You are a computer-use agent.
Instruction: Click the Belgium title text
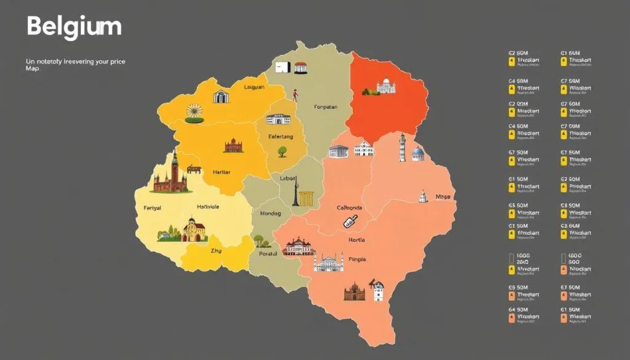[x=74, y=27]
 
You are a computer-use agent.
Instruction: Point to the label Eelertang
[x=281, y=136]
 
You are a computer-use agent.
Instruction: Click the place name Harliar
[x=221, y=173]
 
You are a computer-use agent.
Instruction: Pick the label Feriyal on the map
[x=151, y=208]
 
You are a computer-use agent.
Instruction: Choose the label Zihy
[x=216, y=251]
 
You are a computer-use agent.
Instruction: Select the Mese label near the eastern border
[x=443, y=197]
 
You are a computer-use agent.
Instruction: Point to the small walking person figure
[x=295, y=95]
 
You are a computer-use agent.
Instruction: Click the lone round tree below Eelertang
[x=283, y=151]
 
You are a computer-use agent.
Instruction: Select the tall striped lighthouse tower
[x=402, y=148]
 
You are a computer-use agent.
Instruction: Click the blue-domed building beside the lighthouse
[x=418, y=154]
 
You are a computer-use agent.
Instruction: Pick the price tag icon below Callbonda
[x=350, y=222]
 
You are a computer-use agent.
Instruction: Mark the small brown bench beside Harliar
[x=194, y=168]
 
